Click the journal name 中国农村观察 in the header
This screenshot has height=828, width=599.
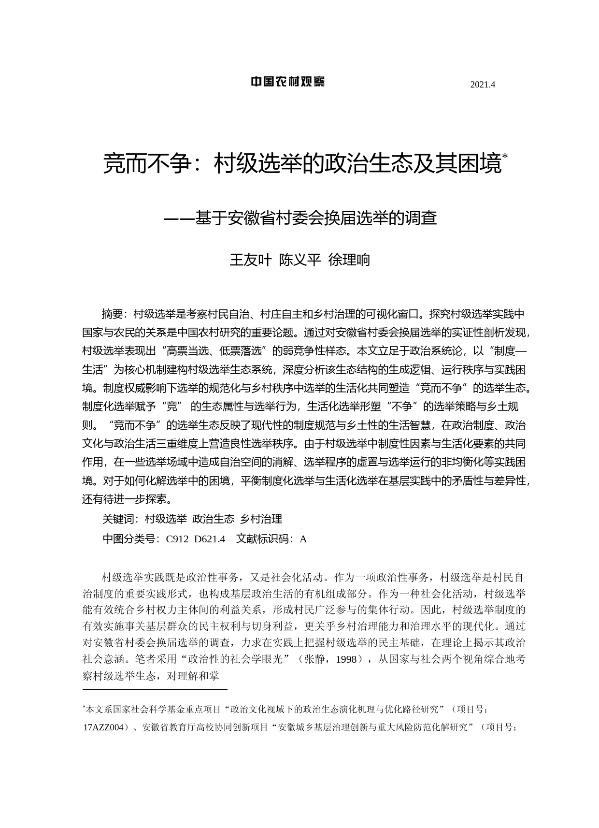pyautogui.click(x=287, y=82)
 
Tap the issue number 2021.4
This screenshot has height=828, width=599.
pyautogui.click(x=483, y=85)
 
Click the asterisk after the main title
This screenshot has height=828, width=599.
pyautogui.click(x=505, y=156)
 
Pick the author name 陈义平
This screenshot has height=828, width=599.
pyautogui.click(x=300, y=260)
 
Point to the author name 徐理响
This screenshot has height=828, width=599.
pyautogui.click(x=349, y=260)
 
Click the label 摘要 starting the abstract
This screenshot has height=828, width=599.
pyautogui.click(x=112, y=314)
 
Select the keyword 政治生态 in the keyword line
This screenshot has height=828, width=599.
pyautogui.click(x=213, y=519)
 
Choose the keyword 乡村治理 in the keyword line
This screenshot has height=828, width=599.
pyautogui.click(x=261, y=519)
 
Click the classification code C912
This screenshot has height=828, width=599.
pyautogui.click(x=177, y=539)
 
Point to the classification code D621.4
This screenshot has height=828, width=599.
pyautogui.click(x=210, y=539)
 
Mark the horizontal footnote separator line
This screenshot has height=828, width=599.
pyautogui.click(x=155, y=690)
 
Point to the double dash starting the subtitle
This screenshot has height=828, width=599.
pyautogui.click(x=179, y=218)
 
